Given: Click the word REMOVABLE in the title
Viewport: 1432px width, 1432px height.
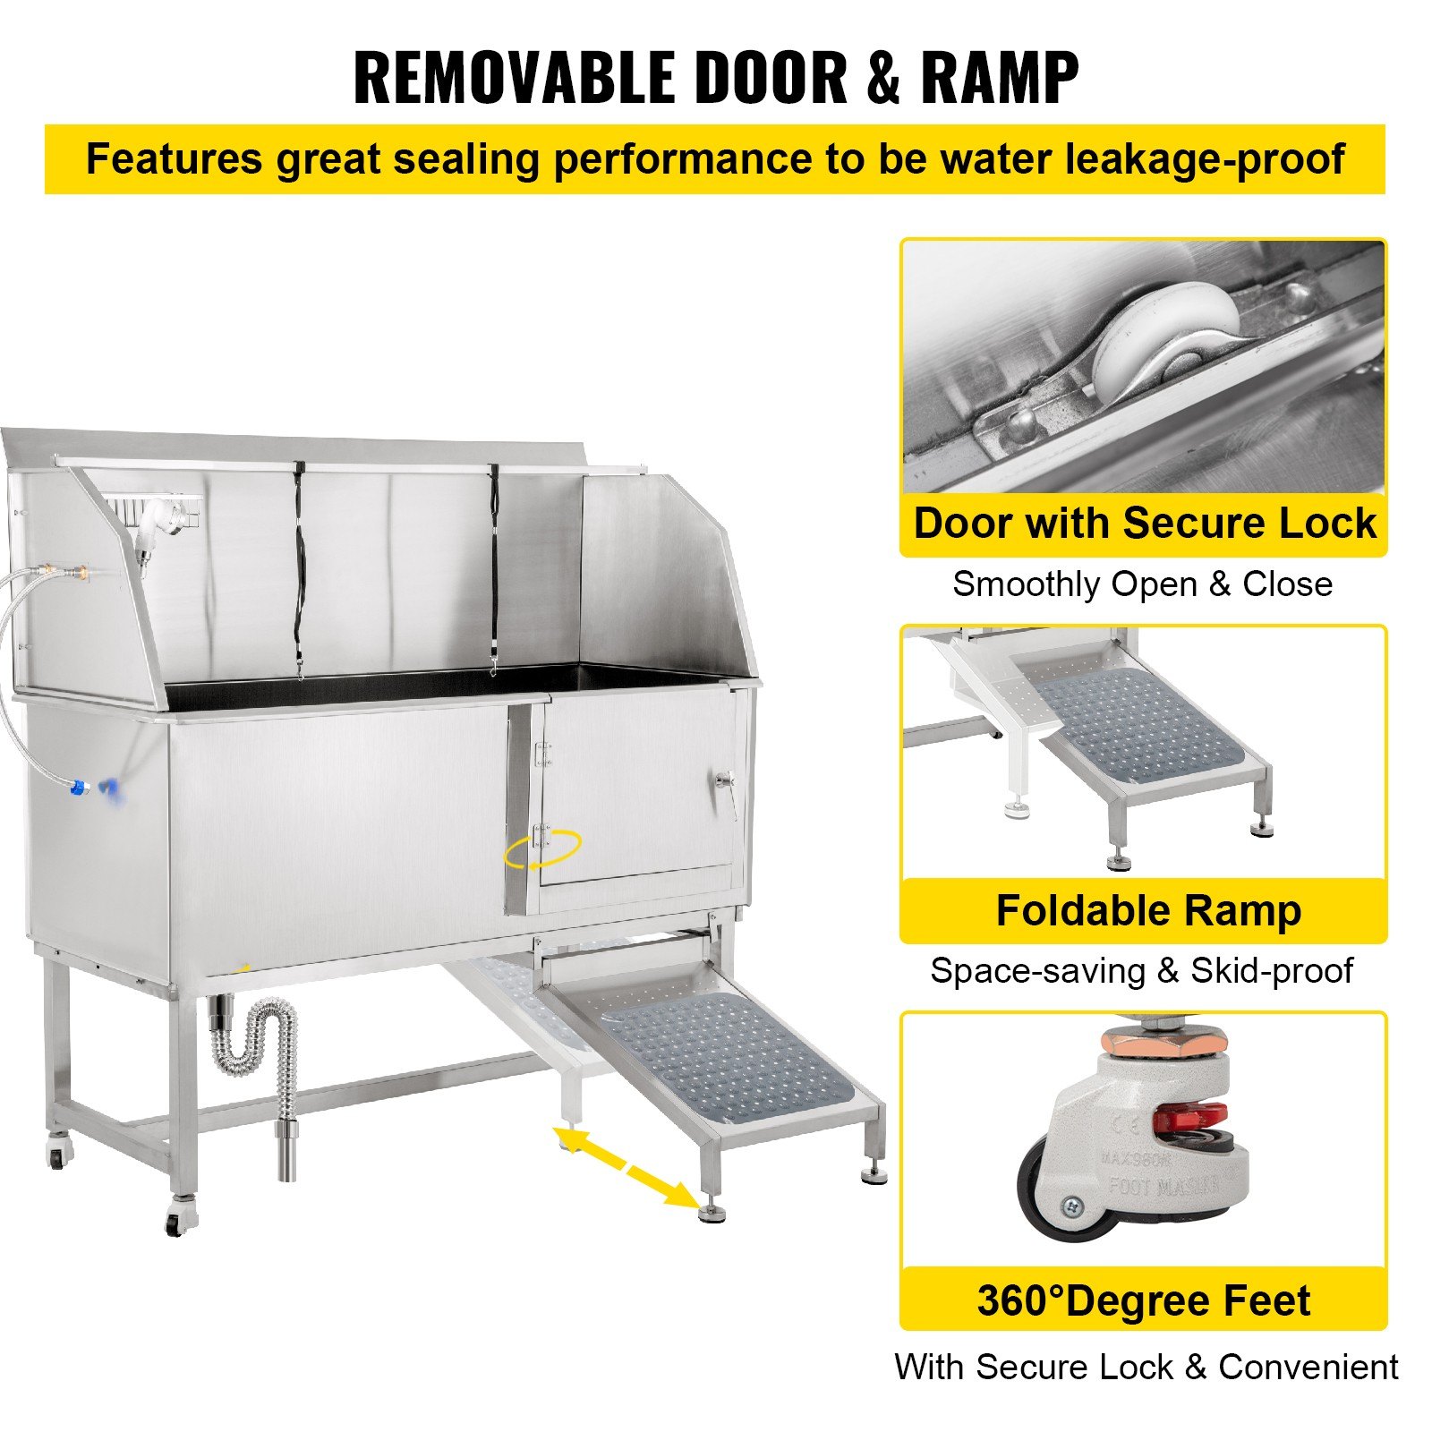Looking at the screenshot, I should point(514,79).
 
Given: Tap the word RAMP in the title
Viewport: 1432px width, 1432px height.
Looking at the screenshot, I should point(999,79).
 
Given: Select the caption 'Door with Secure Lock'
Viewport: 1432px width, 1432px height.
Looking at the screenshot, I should point(1144,524).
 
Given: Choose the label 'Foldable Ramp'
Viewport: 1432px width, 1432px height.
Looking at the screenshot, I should point(1148,911).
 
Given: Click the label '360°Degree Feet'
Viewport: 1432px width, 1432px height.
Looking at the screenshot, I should point(1143,1300).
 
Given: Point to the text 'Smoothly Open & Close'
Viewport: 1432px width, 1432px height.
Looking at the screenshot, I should point(1142,584).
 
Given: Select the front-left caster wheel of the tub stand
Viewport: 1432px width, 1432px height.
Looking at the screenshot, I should point(177,1222).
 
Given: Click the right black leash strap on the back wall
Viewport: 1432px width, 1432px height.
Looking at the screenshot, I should point(492,568).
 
